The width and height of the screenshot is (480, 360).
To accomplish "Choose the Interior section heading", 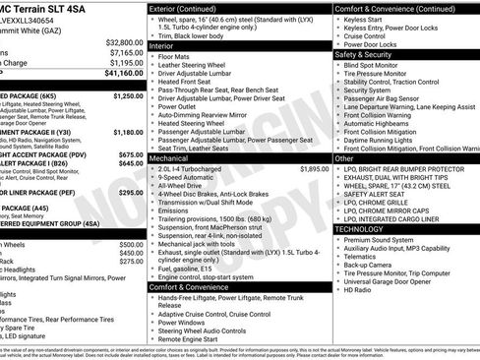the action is pos(163,44).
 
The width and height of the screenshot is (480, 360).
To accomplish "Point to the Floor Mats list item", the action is pos(176,58).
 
